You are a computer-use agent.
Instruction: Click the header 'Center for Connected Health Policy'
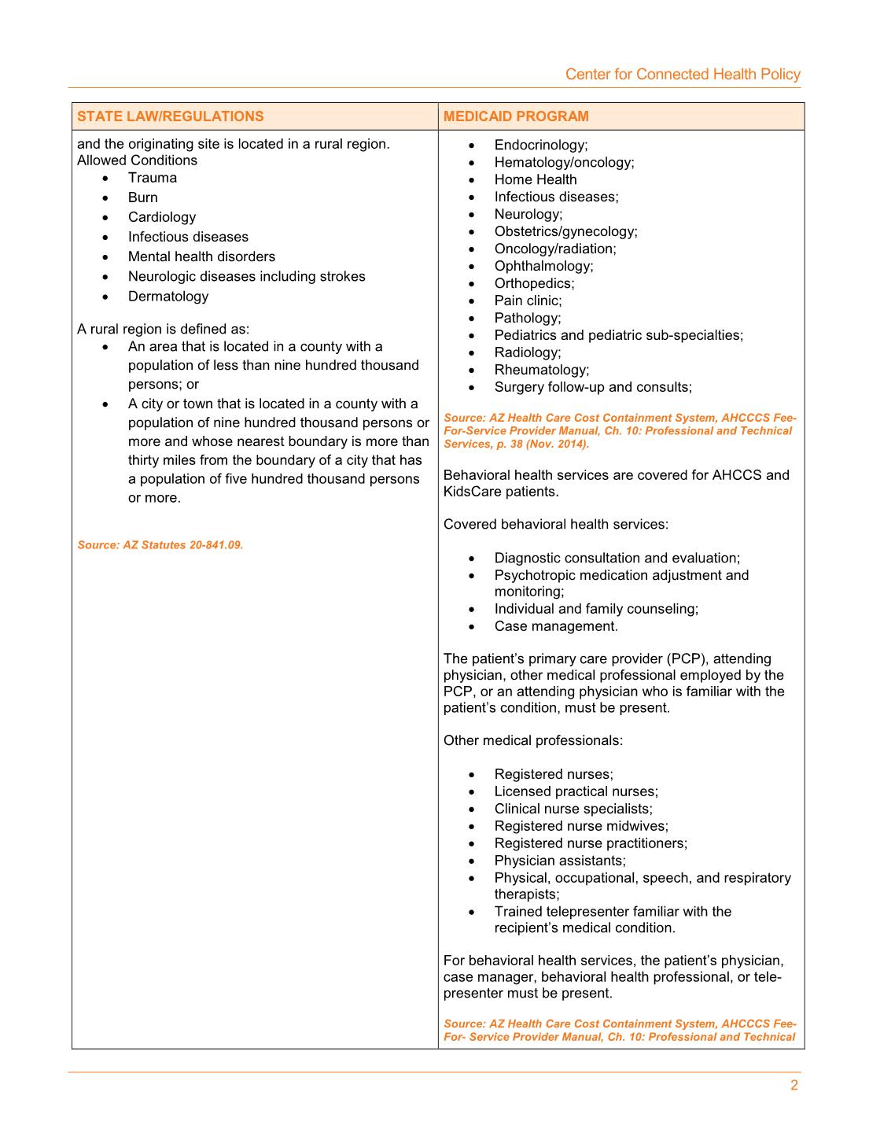pyautogui.click(x=683, y=74)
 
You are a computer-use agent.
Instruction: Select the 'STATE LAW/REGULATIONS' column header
pyautogui.click(x=171, y=116)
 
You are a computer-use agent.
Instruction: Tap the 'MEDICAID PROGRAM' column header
pyautogui.click(x=516, y=116)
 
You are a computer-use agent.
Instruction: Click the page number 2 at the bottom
pyautogui.click(x=794, y=1086)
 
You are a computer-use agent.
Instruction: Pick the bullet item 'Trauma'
pyautogui.click(x=153, y=178)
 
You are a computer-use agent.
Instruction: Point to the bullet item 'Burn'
pyautogui.click(x=143, y=197)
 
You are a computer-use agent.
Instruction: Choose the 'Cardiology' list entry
pyautogui.click(x=162, y=217)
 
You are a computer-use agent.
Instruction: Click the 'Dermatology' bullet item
pyautogui.click(x=168, y=297)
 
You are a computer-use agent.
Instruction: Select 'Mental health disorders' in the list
pyautogui.click(x=201, y=256)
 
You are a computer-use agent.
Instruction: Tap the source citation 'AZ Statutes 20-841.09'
pyautogui.click(x=160, y=544)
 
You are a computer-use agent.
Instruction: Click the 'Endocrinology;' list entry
pyautogui.click(x=541, y=145)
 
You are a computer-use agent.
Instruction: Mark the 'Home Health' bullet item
pyautogui.click(x=536, y=179)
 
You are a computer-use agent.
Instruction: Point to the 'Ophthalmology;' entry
pyautogui.click(x=543, y=266)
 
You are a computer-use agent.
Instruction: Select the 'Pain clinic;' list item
pyautogui.click(x=528, y=301)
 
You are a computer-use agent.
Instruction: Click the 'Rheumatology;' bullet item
pyautogui.click(x=541, y=370)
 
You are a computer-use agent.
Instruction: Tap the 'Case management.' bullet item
pyautogui.click(x=556, y=626)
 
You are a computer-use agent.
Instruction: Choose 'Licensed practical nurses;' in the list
pyautogui.click(x=576, y=791)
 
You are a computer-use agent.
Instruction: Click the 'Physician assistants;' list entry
pyautogui.click(x=560, y=861)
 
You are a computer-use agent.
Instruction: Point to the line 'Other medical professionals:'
pyautogui.click(x=533, y=740)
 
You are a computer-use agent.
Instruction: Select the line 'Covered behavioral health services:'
pyautogui.click(x=556, y=524)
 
